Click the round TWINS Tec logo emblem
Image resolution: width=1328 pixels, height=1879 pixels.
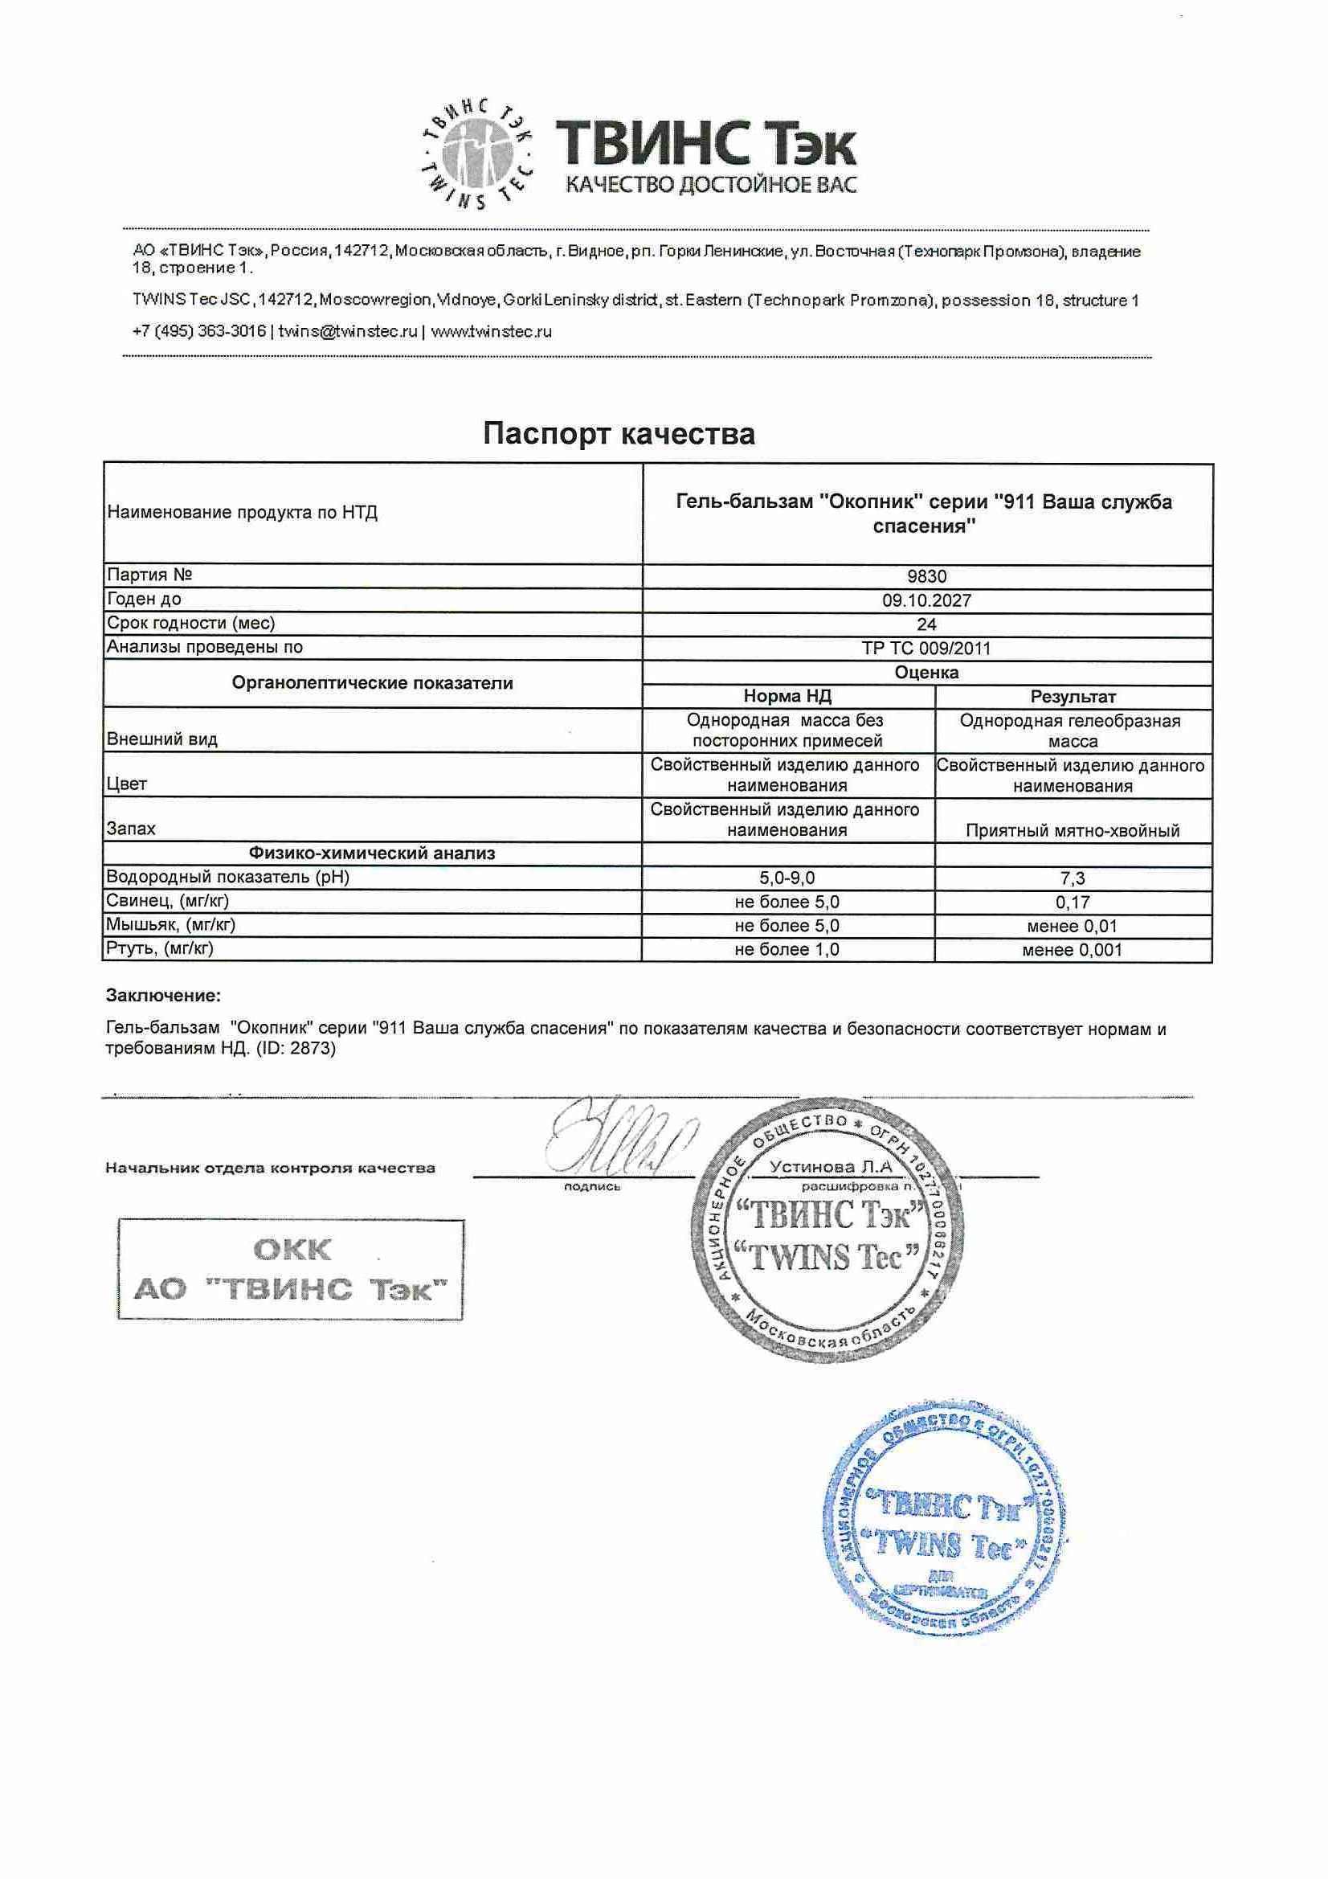tap(479, 153)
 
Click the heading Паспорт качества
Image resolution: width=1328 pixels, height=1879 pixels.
tap(619, 433)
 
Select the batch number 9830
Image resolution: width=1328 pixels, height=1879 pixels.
tap(926, 576)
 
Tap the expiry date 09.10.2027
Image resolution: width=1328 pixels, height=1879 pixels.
tap(926, 600)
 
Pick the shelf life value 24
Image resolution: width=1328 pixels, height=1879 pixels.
tap(926, 624)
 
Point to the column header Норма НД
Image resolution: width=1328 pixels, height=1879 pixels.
tap(787, 697)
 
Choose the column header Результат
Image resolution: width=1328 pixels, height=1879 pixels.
tap(1073, 698)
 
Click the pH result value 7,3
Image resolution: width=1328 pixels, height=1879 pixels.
tap(1072, 879)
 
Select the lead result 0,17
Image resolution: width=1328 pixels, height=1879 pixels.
tap(1072, 903)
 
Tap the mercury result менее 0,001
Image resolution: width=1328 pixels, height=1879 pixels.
tap(1072, 950)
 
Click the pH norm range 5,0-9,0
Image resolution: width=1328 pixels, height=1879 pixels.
tap(787, 878)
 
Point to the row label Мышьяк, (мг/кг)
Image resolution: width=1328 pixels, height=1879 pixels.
tap(171, 925)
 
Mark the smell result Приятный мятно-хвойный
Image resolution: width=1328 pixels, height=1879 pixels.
tap(1072, 832)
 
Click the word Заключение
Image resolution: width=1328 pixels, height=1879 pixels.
tap(164, 996)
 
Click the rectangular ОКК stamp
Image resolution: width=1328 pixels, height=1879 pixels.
tap(291, 1269)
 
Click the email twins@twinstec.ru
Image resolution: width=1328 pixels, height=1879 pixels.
tap(348, 331)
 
